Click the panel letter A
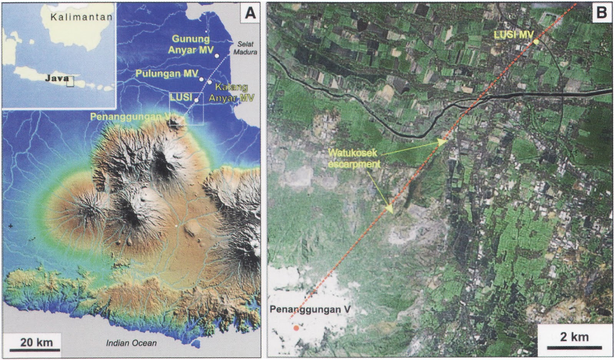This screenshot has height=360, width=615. [x=250, y=13]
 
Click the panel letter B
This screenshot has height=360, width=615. [x=601, y=12]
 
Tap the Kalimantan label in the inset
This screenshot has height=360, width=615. [x=81, y=17]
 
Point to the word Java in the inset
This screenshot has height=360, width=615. [x=57, y=78]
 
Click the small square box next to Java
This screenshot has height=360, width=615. [x=70, y=81]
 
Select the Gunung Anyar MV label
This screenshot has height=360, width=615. [x=191, y=44]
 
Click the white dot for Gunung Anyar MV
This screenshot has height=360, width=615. [x=217, y=56]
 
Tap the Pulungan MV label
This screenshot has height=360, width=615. [x=167, y=73]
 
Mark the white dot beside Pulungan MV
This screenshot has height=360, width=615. [x=201, y=79]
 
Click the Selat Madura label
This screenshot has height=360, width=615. [x=245, y=48]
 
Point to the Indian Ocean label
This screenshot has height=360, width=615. [x=131, y=343]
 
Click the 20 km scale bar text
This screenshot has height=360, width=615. [x=37, y=342]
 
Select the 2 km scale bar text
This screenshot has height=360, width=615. [x=574, y=337]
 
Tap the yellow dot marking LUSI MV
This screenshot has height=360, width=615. [x=536, y=42]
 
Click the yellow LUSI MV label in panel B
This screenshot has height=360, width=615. [x=514, y=35]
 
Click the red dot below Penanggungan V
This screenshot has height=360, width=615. [x=296, y=328]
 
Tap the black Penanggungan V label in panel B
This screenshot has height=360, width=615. [x=310, y=309]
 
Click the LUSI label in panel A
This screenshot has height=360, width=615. [x=181, y=97]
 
